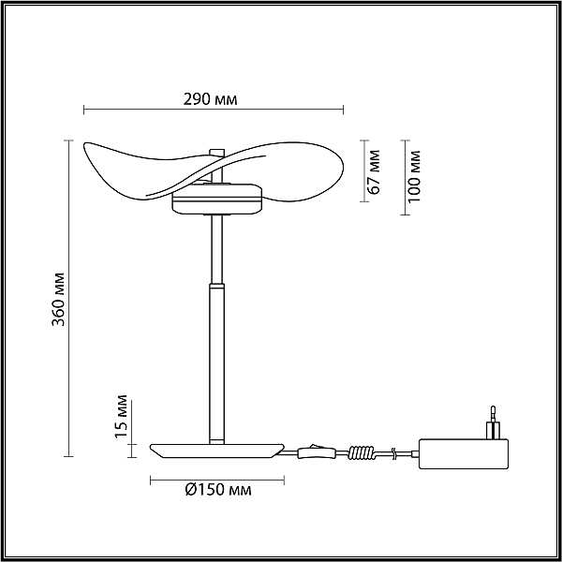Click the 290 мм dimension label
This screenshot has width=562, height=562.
(211, 99)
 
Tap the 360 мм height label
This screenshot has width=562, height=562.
(58, 300)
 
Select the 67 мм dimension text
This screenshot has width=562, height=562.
(374, 172)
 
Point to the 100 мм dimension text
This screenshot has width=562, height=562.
(414, 177)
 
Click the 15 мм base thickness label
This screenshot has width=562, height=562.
(121, 417)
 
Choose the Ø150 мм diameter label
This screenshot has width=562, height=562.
(218, 490)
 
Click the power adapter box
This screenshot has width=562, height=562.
(464, 453)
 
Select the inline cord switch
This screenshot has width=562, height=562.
(317, 452)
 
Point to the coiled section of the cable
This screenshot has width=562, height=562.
(362, 452)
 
